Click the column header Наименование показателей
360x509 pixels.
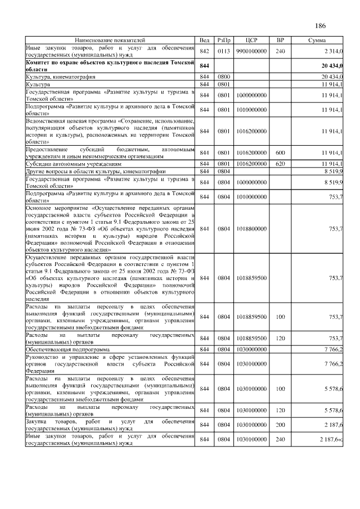(x=110, y=41)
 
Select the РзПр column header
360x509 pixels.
(x=224, y=41)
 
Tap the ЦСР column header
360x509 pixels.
(x=251, y=41)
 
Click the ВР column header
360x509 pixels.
(x=280, y=41)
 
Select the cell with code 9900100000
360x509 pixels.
(x=251, y=51)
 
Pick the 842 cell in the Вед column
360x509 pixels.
(x=204, y=51)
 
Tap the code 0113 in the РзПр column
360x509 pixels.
(x=224, y=51)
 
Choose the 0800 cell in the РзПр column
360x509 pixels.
(x=224, y=76)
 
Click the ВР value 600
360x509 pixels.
(x=280, y=152)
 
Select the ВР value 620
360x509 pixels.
(x=280, y=163)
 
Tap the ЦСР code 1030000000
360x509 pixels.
(x=251, y=349)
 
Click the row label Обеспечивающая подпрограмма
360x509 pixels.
(x=67, y=349)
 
